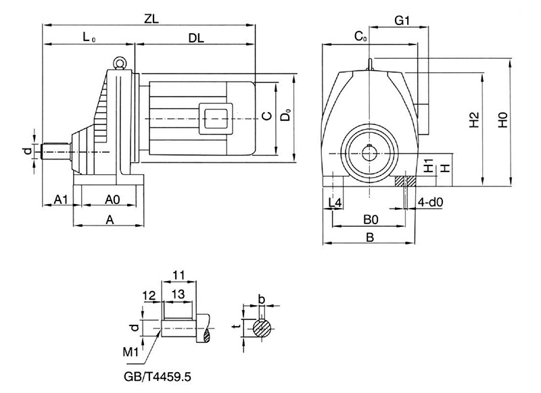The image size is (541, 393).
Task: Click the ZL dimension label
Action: (x=151, y=19)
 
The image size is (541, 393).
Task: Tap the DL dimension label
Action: (x=196, y=38)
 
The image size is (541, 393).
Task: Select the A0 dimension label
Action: (x=113, y=199)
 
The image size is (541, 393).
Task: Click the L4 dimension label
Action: (x=334, y=202)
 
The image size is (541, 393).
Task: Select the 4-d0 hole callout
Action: (x=430, y=202)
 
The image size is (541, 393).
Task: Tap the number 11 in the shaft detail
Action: (x=179, y=276)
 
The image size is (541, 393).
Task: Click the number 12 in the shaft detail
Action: (x=149, y=294)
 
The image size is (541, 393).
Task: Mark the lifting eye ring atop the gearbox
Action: (x=120, y=62)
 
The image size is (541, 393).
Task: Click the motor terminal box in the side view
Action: (x=216, y=115)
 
